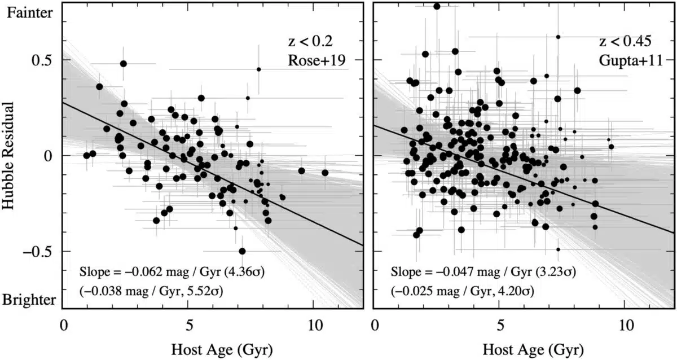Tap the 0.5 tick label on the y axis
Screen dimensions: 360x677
point(41,60)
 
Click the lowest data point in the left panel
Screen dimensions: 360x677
point(242,251)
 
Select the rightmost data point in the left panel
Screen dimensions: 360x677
point(325,173)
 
